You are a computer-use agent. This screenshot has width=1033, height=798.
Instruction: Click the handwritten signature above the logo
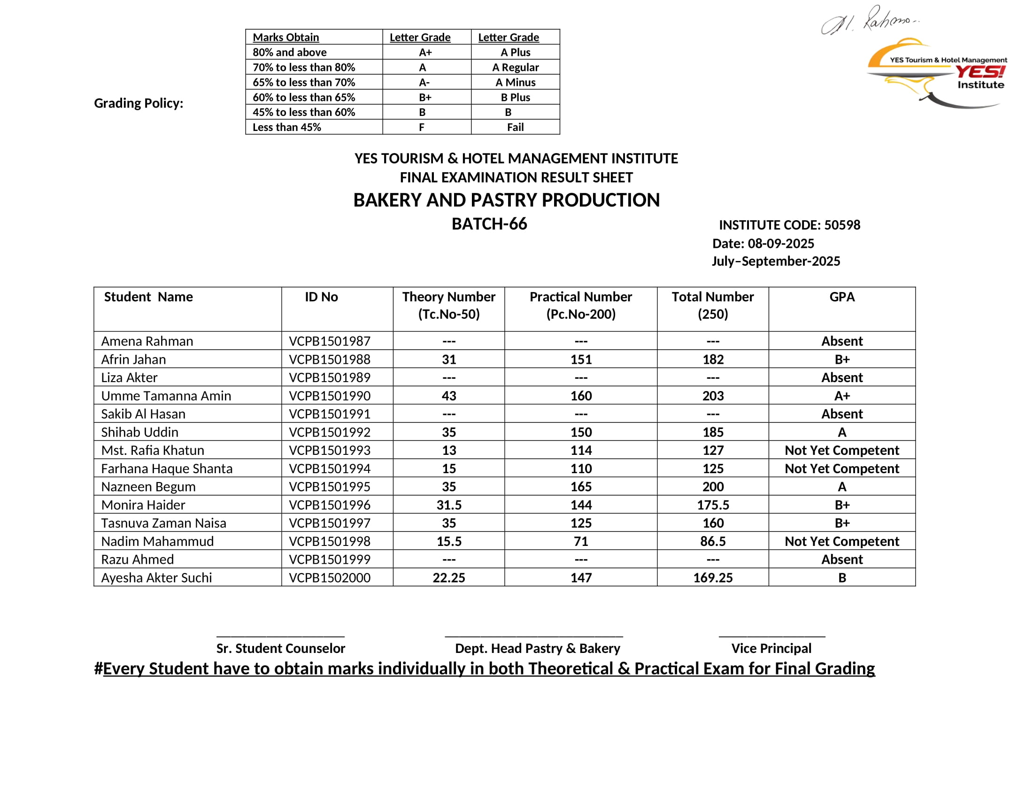pos(869,21)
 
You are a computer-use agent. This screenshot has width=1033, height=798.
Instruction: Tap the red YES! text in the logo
pos(980,72)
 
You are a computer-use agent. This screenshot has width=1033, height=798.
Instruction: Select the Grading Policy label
pos(139,103)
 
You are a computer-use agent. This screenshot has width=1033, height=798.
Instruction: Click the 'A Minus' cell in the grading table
pos(515,82)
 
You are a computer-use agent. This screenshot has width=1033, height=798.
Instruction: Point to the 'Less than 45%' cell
pos(286,127)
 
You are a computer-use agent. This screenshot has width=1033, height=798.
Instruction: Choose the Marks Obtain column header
pos(285,38)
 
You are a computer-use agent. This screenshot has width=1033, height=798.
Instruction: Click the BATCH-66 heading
pos(489,223)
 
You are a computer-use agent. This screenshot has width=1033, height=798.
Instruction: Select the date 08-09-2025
pos(780,244)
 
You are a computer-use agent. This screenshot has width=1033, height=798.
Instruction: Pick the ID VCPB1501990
pos(330,396)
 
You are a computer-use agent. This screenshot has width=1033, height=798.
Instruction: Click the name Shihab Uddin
pos(139,432)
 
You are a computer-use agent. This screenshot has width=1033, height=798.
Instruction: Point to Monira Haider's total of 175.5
pos(713,505)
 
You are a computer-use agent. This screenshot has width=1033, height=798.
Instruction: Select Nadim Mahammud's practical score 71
pos(581,541)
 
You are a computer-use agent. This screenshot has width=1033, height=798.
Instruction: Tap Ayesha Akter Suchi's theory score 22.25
pos(449,578)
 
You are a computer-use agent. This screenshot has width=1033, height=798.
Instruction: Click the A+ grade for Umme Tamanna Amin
pos(842,396)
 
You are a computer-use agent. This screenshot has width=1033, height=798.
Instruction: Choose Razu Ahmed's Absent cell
pos(842,559)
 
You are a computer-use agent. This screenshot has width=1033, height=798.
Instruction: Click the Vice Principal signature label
pos(771,648)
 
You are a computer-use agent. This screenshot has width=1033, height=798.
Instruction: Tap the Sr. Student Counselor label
pos(280,648)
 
